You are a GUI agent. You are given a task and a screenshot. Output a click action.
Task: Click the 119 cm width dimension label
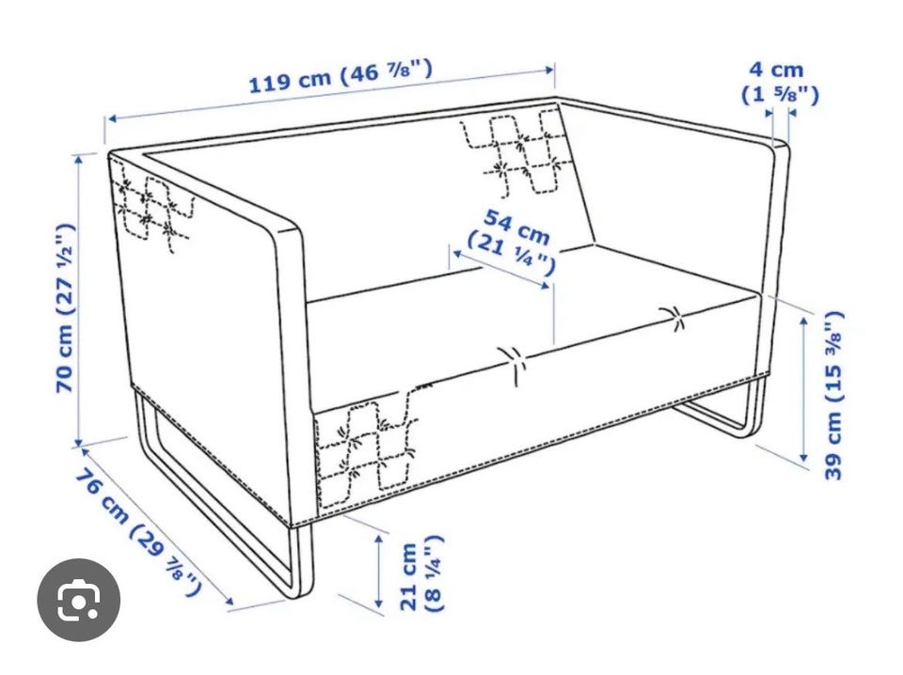click(340, 76)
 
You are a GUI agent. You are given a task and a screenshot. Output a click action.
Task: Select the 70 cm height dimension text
click(65, 308)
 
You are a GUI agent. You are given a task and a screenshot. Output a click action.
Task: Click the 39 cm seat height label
click(834, 396)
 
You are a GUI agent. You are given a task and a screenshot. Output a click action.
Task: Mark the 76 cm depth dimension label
click(138, 525)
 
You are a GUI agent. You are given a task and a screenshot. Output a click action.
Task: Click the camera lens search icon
click(79, 599)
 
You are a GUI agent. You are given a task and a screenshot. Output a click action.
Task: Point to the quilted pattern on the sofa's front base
click(367, 446)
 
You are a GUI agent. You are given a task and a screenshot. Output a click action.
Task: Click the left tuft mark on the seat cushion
click(512, 363)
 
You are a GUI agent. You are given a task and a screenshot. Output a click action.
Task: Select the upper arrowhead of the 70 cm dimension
click(79, 160)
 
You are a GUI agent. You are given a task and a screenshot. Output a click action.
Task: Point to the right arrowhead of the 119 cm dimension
click(547, 70)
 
